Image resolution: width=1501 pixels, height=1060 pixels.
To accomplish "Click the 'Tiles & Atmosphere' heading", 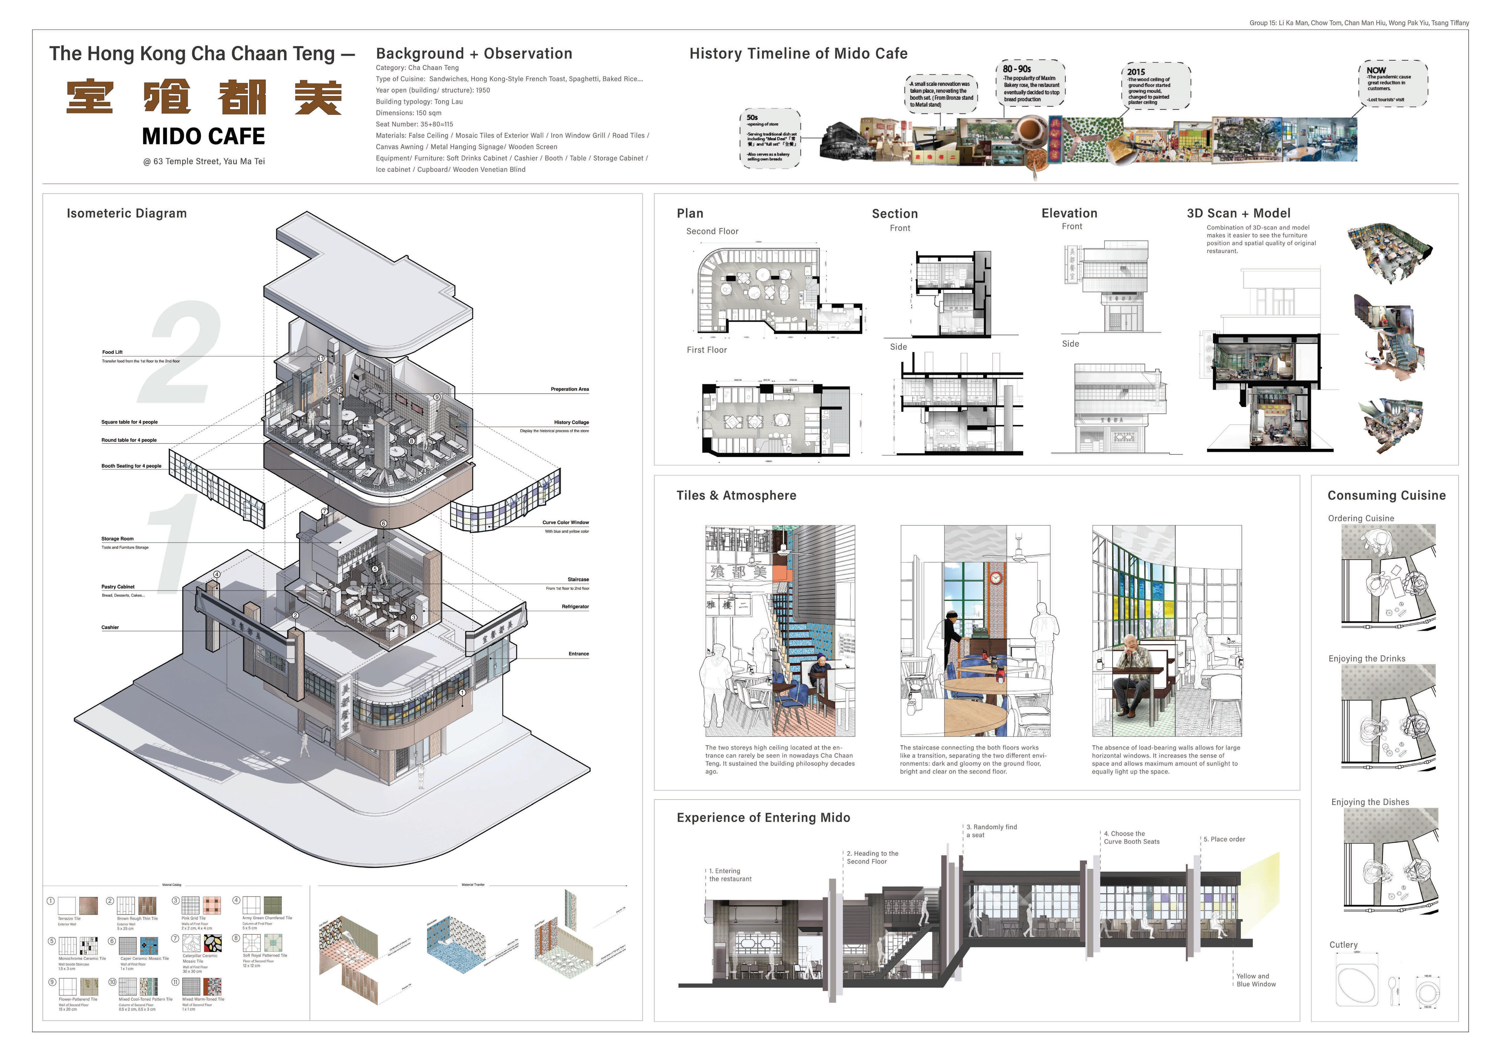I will (x=736, y=495).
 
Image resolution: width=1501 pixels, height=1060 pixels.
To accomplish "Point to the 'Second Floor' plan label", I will (x=712, y=231).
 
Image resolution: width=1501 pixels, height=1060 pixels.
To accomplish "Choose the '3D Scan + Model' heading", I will (x=1238, y=213).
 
